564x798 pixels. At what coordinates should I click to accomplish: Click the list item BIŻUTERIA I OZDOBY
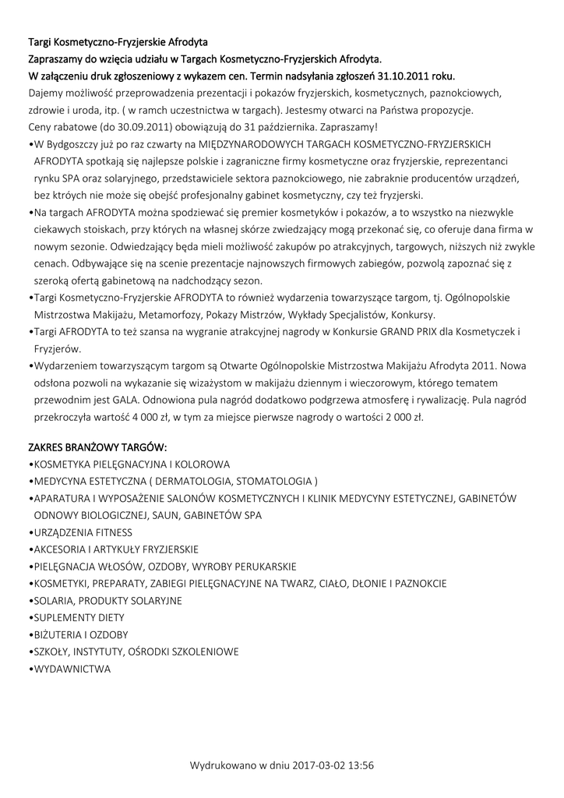79,634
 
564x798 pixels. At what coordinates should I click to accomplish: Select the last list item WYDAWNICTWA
71,669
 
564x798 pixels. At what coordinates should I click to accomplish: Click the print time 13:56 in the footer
361,765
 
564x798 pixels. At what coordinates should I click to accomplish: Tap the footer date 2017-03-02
319,765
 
